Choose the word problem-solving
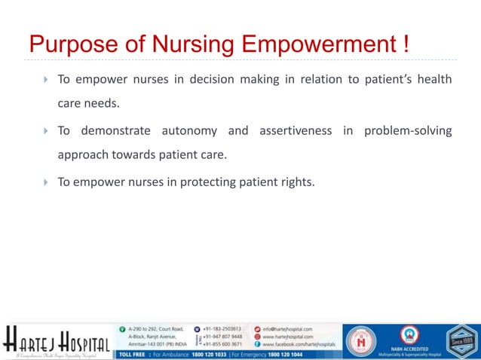(408, 131)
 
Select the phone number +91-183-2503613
(222, 329)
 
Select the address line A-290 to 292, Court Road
(156, 329)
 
